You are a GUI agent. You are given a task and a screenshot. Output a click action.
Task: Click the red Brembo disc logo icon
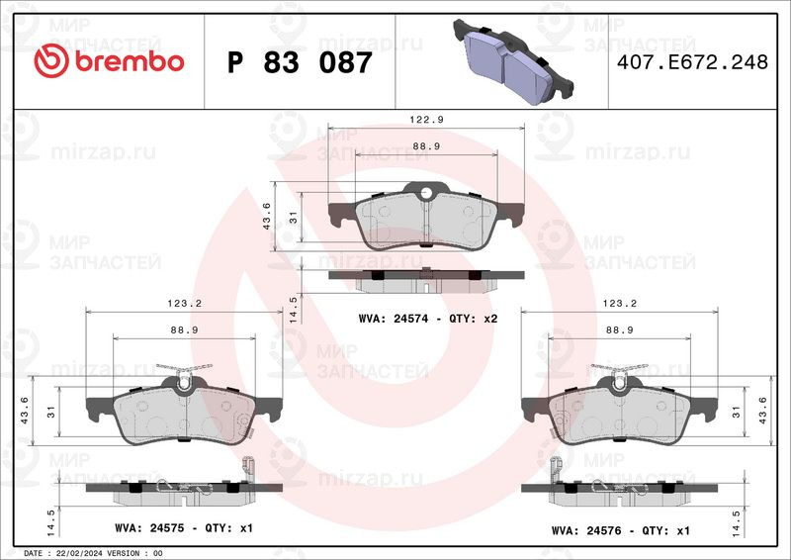(x=51, y=60)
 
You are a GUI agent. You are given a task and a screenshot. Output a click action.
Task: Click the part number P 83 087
(x=300, y=62)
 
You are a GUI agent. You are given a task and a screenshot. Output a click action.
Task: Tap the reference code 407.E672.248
(x=692, y=62)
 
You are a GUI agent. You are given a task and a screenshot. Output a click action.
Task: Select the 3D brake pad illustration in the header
(x=513, y=61)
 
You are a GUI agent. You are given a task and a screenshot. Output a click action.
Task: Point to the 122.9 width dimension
(x=426, y=120)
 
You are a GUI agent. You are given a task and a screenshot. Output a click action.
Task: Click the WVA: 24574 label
(x=394, y=319)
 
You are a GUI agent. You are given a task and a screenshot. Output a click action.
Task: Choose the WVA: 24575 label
(x=150, y=528)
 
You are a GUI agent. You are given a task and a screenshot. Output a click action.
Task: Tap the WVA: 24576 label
(x=586, y=530)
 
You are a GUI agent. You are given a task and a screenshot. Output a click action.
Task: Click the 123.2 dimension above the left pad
(x=184, y=304)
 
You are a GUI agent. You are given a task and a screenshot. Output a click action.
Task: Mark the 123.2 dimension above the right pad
(x=620, y=304)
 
